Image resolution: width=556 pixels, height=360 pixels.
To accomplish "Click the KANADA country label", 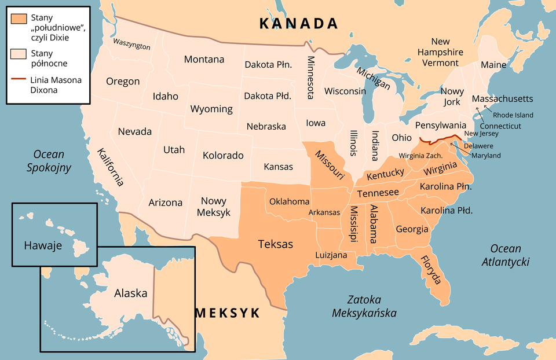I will (298, 24).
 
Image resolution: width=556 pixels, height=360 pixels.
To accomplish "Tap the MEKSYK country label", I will (227, 313).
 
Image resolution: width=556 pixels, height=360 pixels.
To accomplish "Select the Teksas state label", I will (275, 244).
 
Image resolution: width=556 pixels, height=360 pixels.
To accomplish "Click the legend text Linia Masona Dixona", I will (56, 85).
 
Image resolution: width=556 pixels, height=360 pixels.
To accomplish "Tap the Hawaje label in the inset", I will (43, 245).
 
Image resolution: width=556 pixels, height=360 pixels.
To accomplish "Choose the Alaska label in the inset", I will (130, 293).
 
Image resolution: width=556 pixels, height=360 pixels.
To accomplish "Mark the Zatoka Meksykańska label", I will (364, 306).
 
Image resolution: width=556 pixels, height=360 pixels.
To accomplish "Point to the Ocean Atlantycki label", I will (506, 255).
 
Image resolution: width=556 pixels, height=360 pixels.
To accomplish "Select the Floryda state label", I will (431, 270).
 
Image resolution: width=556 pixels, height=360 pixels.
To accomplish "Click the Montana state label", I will (204, 59).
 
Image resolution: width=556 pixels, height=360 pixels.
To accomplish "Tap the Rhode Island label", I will (513, 115).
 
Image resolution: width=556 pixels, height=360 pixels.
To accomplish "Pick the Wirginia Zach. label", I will (420, 156).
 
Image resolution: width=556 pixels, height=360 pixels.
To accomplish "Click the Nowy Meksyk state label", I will (214, 207).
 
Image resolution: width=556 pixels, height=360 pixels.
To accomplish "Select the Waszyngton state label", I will (131, 44).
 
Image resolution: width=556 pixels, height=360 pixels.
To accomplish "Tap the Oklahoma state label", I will (290, 201).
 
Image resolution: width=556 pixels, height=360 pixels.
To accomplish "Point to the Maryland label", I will (486, 156).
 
